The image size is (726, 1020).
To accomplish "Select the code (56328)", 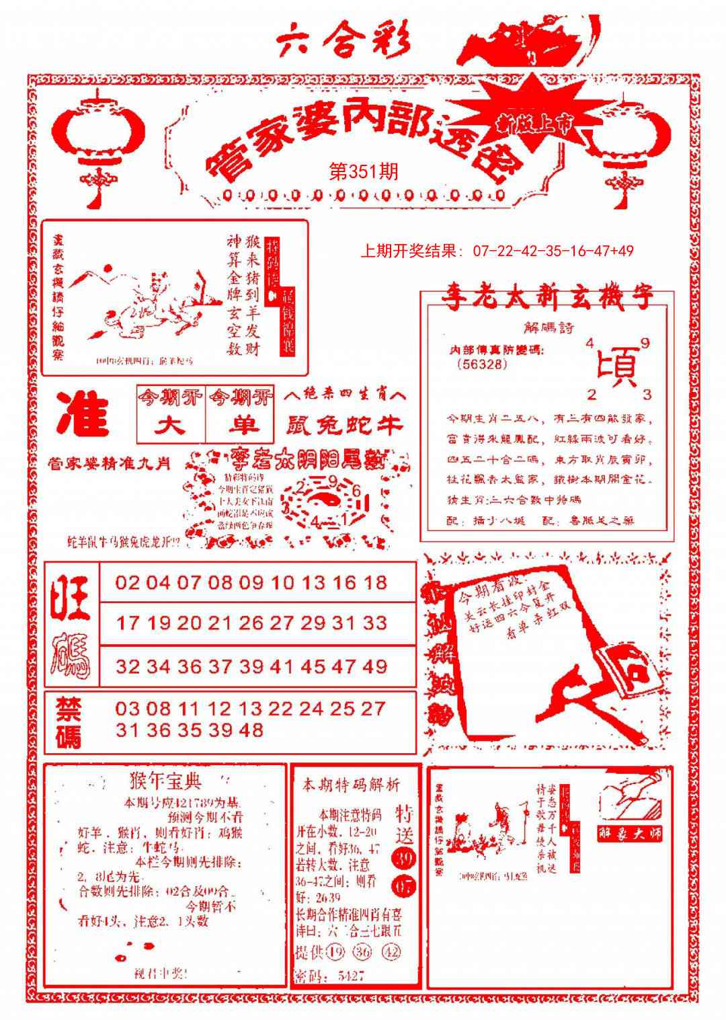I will [481, 364].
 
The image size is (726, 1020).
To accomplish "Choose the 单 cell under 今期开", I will [240, 426].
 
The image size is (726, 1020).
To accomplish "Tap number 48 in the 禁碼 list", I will [250, 730].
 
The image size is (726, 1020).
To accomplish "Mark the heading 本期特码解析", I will [351, 784].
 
